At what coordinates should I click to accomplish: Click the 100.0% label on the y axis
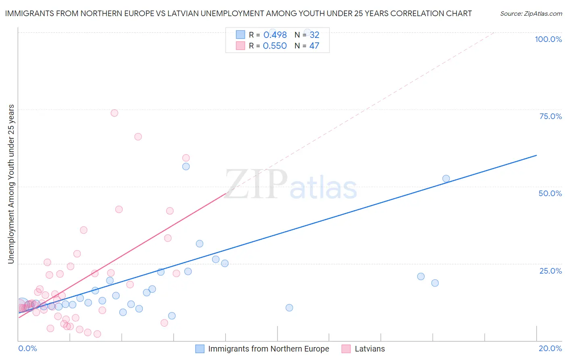pos(548,39)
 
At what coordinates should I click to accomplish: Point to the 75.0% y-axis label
pos(550,116)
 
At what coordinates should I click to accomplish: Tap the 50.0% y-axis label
pos(550,193)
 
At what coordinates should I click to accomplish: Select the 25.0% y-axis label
pos(550,270)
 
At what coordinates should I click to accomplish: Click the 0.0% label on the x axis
pos(27,348)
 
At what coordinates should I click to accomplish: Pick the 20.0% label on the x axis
pos(550,348)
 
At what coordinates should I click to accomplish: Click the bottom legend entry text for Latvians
pos(369,349)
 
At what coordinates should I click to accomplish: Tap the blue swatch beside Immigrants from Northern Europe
pos(200,349)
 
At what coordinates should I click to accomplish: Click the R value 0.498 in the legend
pos(275,35)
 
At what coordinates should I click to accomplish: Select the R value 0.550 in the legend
pos(275,46)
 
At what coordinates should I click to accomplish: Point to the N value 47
pos(314,46)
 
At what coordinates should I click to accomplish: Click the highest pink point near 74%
pos(115,113)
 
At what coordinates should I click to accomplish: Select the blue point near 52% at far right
pos(446,178)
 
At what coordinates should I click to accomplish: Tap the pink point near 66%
pos(138,137)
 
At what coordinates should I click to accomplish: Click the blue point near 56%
pos(186,166)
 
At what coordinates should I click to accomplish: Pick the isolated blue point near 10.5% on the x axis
pos(289,308)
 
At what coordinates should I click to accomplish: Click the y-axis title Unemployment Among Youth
pos(11,184)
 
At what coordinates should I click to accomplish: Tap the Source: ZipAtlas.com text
pos(531,14)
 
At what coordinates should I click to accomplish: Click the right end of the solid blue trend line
pos(536,155)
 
